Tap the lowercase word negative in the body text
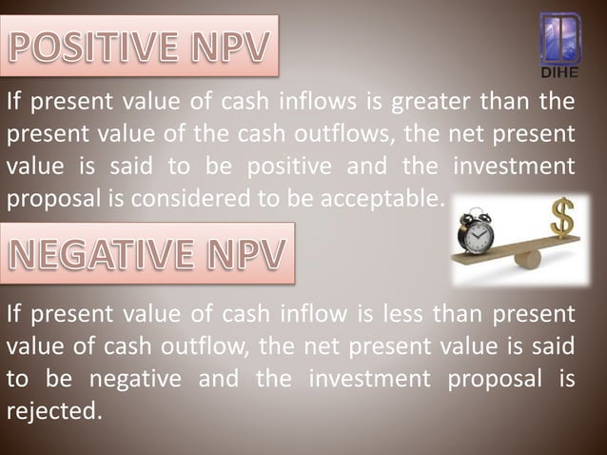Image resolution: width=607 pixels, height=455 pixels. point(134,379)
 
